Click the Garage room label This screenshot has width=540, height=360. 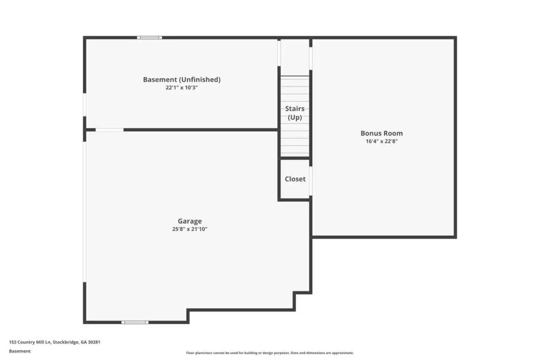tap(190, 221)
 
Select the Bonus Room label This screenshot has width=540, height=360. tap(381, 133)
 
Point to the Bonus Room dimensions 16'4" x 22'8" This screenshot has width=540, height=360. tap(381, 141)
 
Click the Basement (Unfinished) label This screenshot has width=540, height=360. tap(181, 79)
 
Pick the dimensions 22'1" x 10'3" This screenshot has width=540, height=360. tap(181, 87)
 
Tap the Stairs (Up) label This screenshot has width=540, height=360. tap(295, 113)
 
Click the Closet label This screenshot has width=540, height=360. tap(295, 179)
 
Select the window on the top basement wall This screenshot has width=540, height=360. tap(149, 37)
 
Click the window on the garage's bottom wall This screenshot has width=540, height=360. tap(134, 322)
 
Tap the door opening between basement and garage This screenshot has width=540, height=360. tap(110, 130)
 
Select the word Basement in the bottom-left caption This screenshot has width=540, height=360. tap(20, 351)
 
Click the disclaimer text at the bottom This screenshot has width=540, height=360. tap(270, 353)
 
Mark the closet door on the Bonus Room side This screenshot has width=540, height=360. tap(310, 180)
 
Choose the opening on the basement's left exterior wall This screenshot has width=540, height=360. tap(84, 105)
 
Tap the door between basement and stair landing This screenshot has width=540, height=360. tap(279, 53)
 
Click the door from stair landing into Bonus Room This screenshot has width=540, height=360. tap(310, 58)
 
